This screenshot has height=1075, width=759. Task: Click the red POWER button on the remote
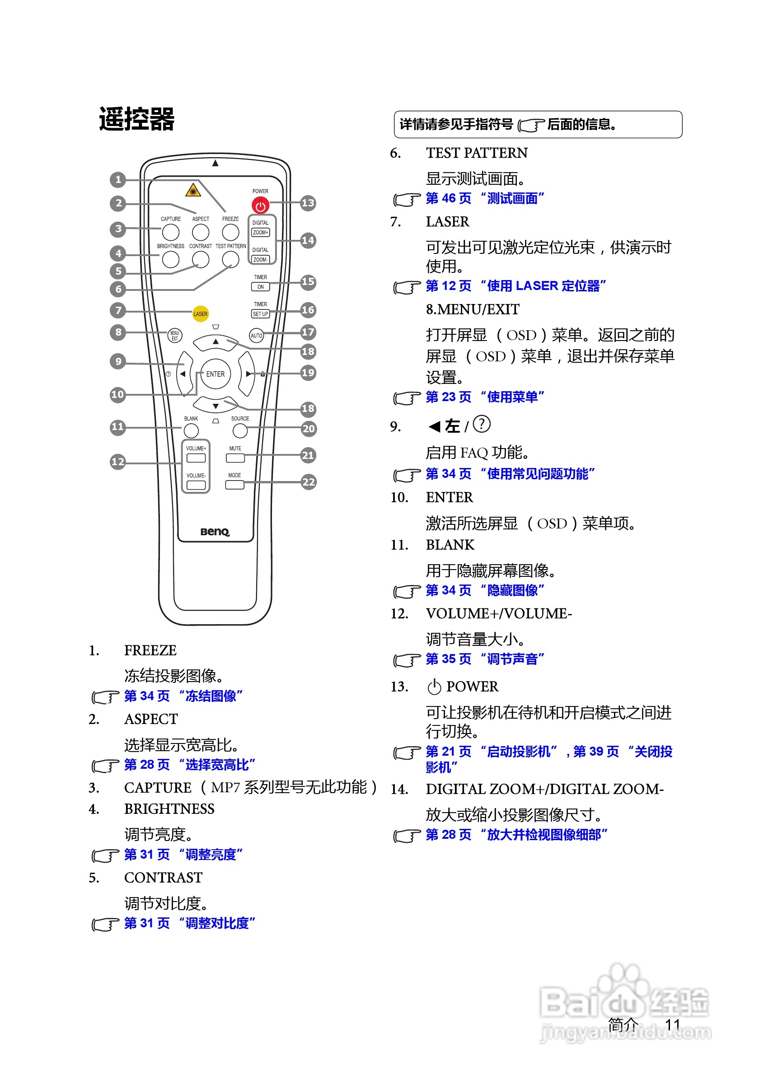point(260,206)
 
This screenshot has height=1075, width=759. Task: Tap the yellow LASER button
point(201,314)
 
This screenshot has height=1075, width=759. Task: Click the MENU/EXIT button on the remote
point(175,335)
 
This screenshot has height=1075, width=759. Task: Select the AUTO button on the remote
point(256,335)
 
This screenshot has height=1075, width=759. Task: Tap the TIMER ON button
point(260,286)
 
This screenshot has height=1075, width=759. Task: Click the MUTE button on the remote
point(235,458)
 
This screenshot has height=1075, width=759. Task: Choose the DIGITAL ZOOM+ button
point(260,232)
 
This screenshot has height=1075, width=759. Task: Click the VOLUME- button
point(196,485)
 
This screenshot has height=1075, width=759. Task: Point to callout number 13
point(308,203)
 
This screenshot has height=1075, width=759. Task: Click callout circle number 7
point(118,310)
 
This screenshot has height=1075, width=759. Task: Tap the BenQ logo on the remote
point(215,532)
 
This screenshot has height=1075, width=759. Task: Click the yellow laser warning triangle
point(193,191)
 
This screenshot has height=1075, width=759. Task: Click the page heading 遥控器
point(137,119)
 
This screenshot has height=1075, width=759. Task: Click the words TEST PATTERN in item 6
point(477,153)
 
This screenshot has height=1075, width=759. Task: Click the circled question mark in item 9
point(481,424)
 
